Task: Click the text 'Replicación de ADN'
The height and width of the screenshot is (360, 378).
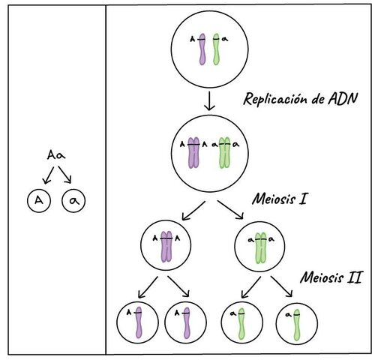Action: pos(301,99)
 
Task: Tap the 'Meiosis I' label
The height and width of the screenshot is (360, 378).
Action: pos(280,199)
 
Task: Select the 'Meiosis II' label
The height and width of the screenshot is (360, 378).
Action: pos(331,277)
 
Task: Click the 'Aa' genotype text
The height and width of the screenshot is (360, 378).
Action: pos(56,155)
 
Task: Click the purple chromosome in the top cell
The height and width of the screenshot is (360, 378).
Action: pos(202,49)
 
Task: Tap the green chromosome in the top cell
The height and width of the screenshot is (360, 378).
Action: pos(216,49)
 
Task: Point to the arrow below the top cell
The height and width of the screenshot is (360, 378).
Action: pos(209,101)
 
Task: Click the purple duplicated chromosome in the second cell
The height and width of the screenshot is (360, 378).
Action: pos(193,152)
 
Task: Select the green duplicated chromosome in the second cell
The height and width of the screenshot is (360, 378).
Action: pos(224,152)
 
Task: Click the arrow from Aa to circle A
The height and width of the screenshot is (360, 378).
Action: pos(49,175)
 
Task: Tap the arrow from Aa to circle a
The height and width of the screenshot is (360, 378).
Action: pos(65,175)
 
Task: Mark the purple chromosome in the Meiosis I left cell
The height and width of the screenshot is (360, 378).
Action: pos(166,247)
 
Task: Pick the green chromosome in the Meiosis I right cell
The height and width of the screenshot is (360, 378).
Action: pos(261,248)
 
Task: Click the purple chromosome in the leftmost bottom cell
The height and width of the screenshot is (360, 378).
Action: pos(139,322)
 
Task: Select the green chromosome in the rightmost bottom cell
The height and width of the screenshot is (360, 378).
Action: pos(296,325)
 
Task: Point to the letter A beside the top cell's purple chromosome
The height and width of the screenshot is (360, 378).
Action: pos(192,39)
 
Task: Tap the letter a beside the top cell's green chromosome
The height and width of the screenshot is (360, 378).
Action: pos(225,39)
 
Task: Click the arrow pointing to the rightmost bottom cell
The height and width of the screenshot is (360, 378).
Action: pos(281,286)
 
